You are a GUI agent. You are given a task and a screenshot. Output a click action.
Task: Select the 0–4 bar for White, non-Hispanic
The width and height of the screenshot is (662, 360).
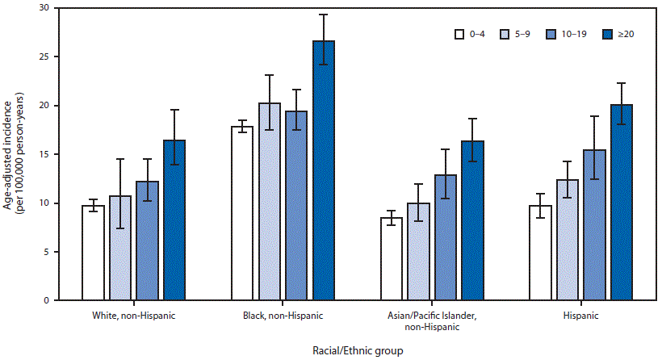[93, 253]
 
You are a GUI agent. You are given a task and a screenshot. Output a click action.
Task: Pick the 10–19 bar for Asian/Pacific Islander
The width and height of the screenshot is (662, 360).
[446, 237]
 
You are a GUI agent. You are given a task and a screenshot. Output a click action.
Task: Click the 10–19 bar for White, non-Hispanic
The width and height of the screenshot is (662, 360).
[147, 241]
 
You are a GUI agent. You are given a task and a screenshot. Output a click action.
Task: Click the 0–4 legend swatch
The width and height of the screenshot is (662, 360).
[459, 35]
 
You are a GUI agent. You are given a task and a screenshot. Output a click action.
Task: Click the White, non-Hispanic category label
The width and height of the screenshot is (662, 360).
[134, 315]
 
